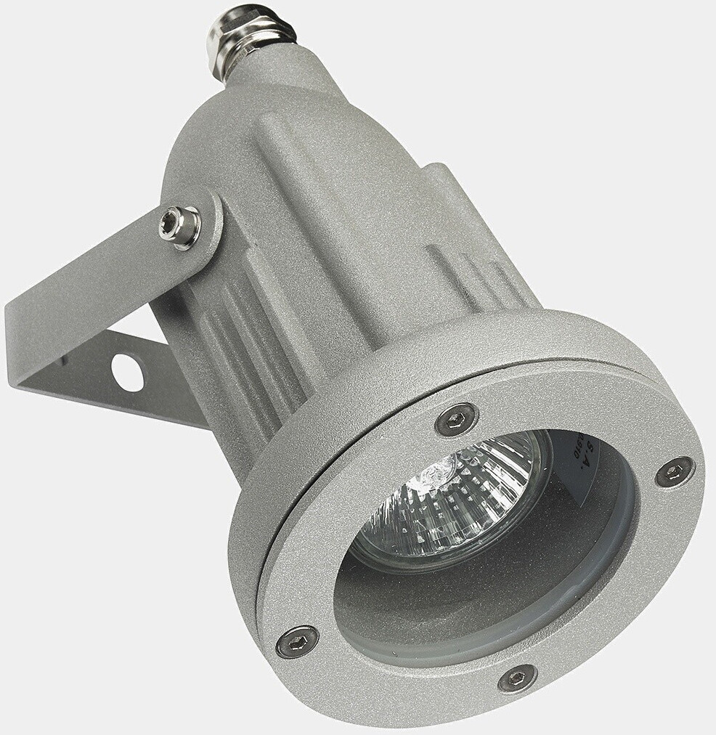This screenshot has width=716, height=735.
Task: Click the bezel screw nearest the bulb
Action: click(x=456, y=419)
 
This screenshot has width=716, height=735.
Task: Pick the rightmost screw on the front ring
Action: click(x=674, y=473)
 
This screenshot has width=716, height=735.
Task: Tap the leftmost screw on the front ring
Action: click(x=297, y=641)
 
